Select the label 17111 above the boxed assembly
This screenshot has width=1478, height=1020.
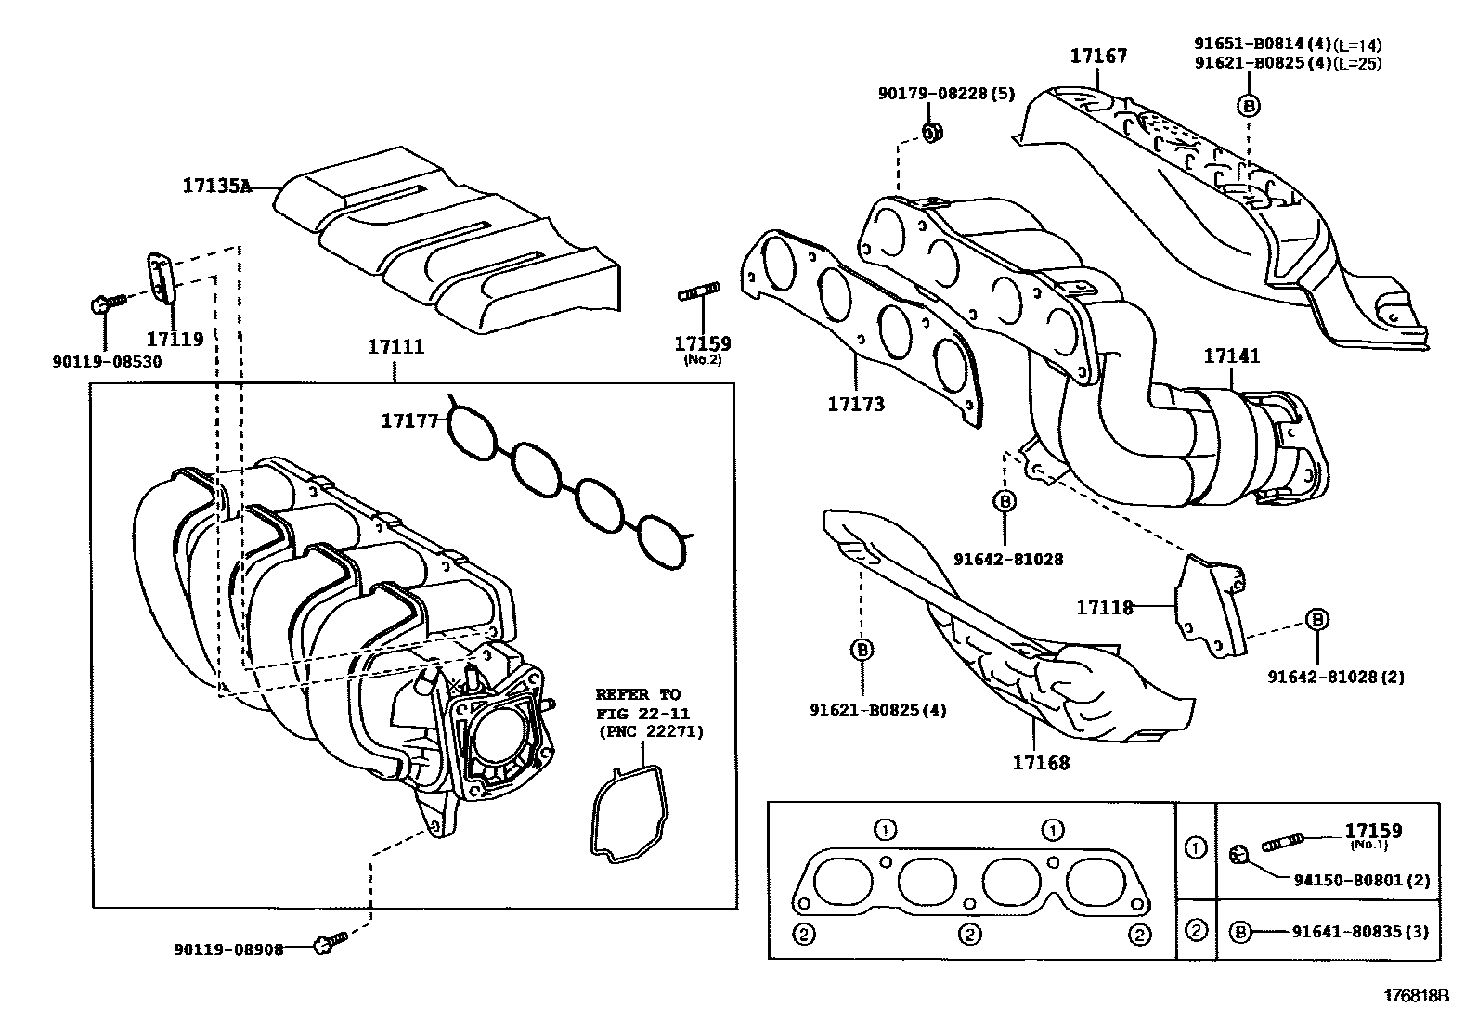pos(395,347)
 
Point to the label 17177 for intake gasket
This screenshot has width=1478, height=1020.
pos(408,421)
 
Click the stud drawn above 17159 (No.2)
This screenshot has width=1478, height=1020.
pos(698,295)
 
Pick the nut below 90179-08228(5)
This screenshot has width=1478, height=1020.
pos(934,132)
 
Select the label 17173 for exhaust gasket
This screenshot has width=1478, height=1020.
pos(856,405)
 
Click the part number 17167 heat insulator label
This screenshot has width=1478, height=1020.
pos(1098,56)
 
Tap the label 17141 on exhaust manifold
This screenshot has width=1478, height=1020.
pos(1232,355)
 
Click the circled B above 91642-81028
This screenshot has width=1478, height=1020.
pos(1005,501)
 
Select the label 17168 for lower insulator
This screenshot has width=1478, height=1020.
pos(1041,763)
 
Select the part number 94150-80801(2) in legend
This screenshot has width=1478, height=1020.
pos(1361,880)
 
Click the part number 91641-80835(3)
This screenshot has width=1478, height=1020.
pos(1360,932)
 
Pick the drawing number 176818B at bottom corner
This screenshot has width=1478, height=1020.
pos(1416,996)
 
